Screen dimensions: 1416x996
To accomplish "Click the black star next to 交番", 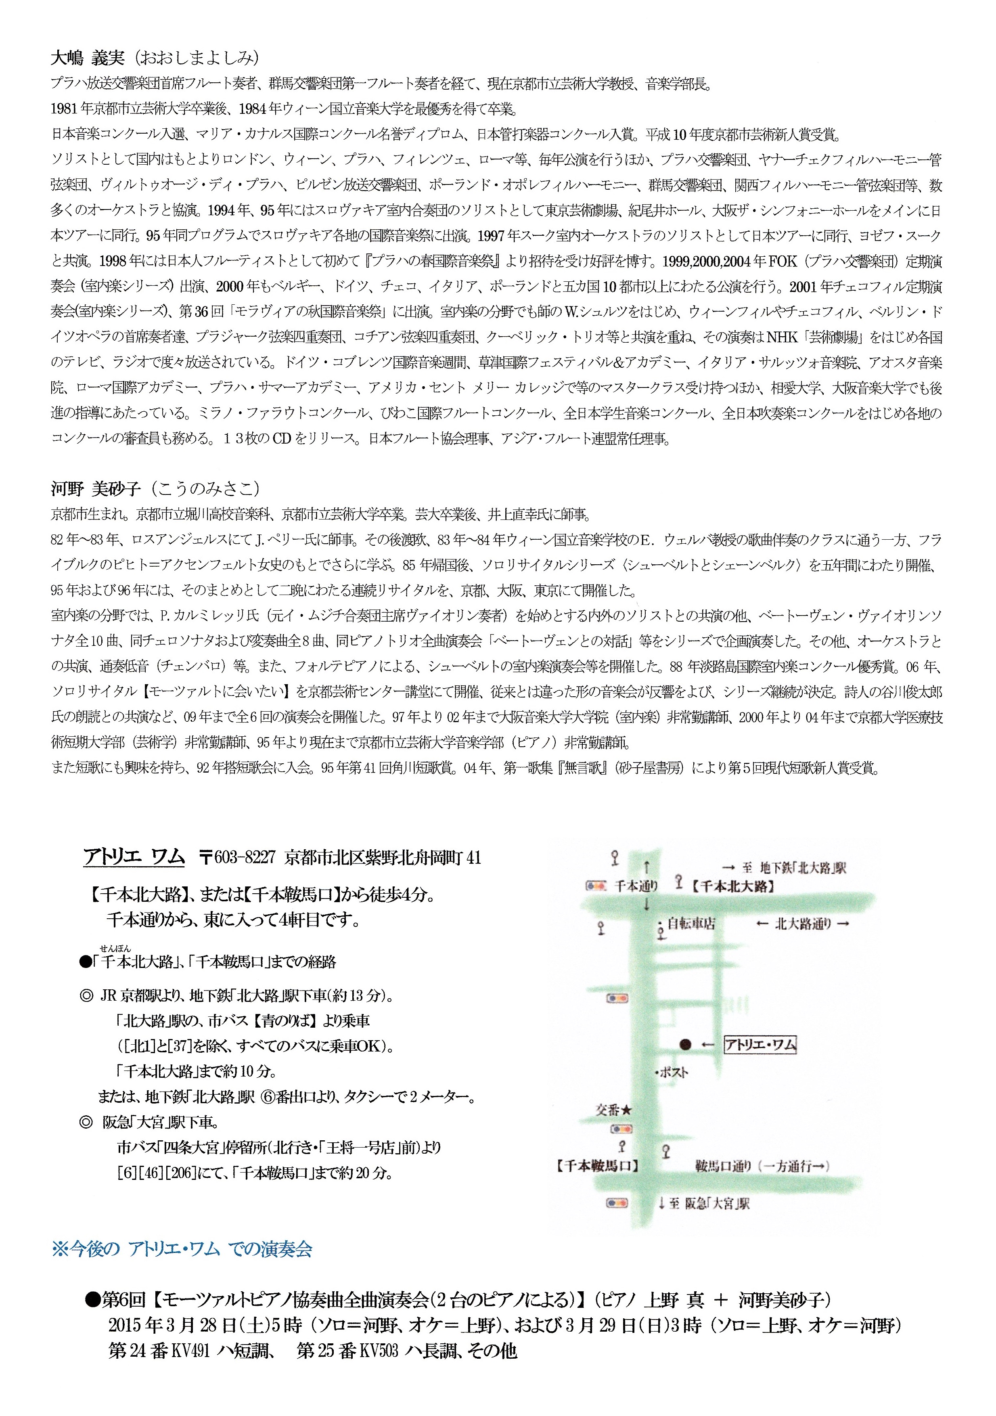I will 627,1110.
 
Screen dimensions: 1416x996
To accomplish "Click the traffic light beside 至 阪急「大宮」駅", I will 617,1203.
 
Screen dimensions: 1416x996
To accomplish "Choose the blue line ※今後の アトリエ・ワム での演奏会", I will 182,1249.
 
